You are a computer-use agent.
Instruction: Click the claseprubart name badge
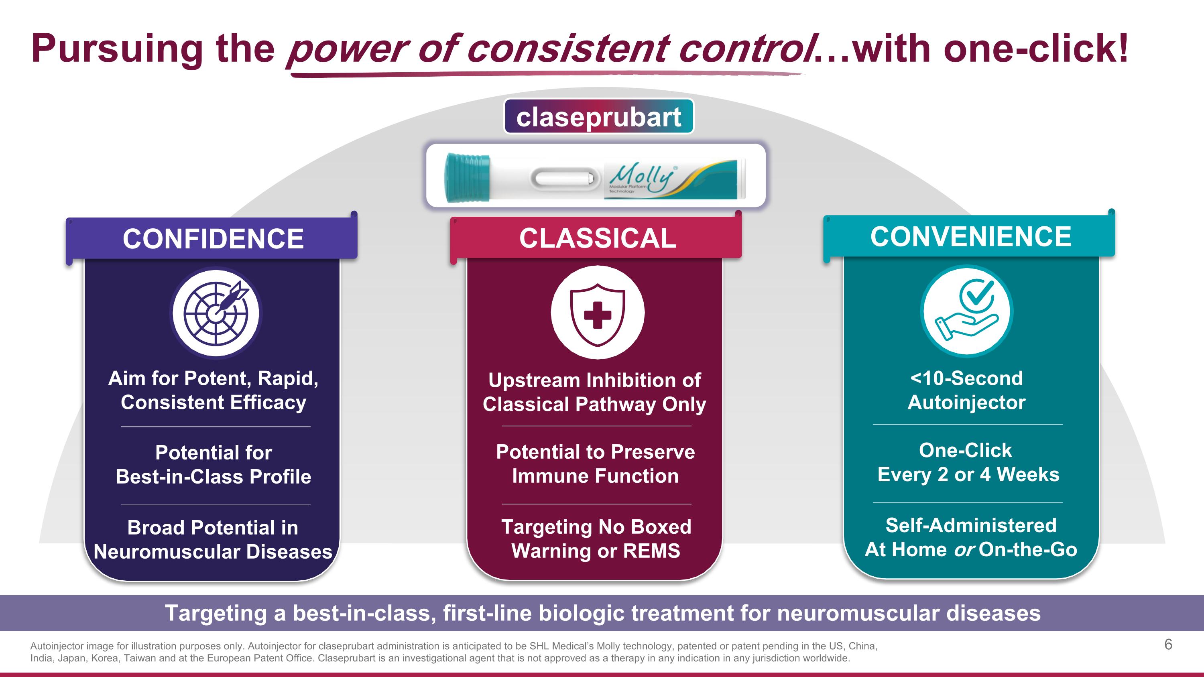pyautogui.click(x=598, y=117)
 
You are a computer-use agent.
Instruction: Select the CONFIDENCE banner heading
pyautogui.click(x=213, y=239)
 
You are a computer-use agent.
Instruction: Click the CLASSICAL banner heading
pyautogui.click(x=597, y=238)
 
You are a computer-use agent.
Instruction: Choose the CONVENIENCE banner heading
pyautogui.click(x=970, y=236)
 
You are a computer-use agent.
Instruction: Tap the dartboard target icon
pyautogui.click(x=216, y=313)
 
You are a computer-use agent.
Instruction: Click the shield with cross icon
pyautogui.click(x=597, y=313)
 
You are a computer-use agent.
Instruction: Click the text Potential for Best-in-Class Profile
pyautogui.click(x=213, y=464)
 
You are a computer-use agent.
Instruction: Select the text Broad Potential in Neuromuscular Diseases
pyautogui.click(x=213, y=540)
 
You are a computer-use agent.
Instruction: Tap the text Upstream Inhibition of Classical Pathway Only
pyautogui.click(x=594, y=392)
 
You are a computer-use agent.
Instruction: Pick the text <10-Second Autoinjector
pyautogui.click(x=966, y=390)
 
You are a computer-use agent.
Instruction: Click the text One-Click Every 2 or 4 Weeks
pyautogui.click(x=968, y=462)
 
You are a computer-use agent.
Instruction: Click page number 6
pyautogui.click(x=1168, y=644)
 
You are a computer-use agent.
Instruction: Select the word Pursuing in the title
pyautogui.click(x=117, y=49)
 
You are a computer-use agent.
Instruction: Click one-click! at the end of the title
pyautogui.click(x=1035, y=49)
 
